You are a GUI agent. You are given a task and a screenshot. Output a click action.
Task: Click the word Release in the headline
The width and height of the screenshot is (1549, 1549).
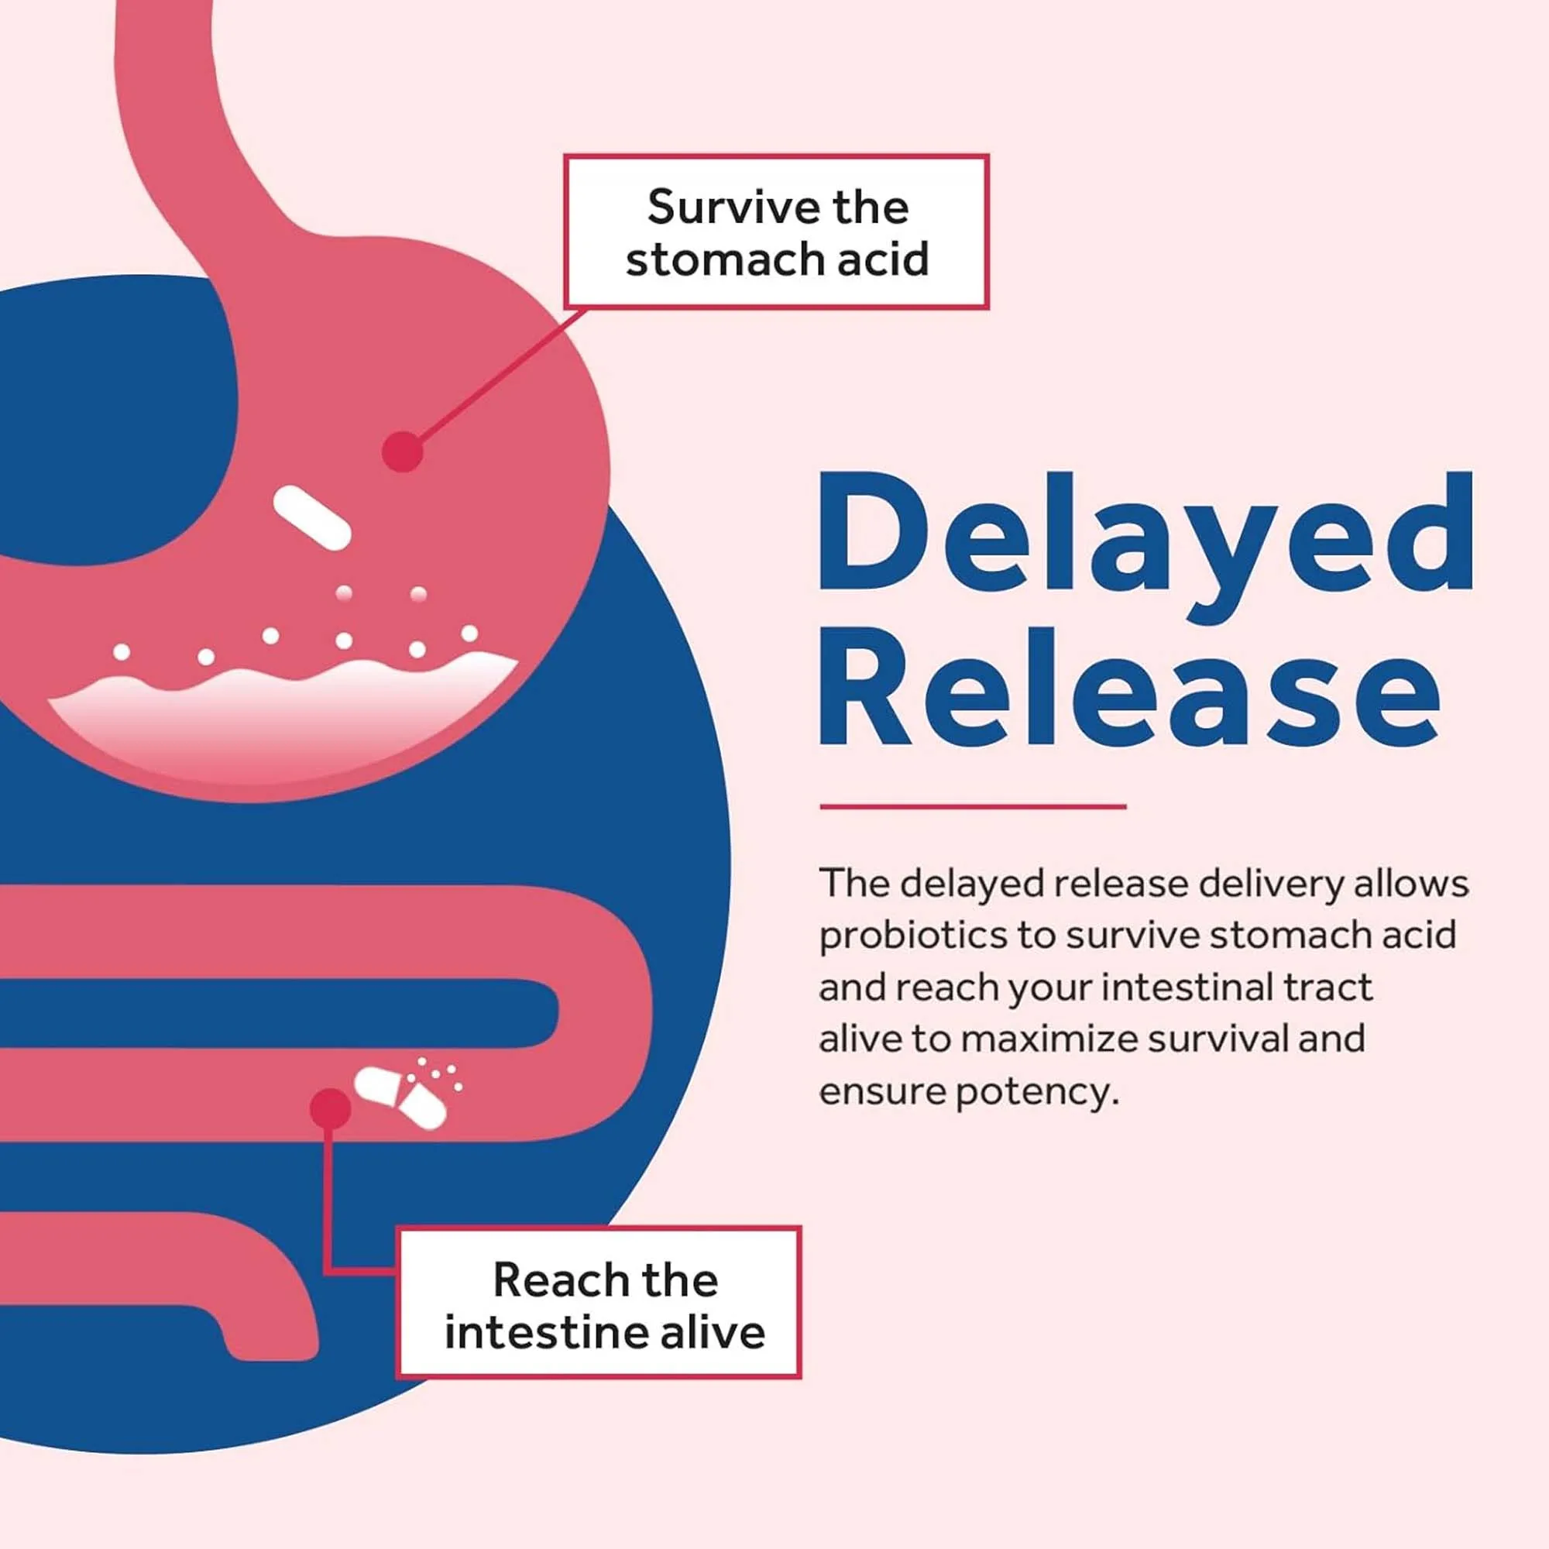(x=1130, y=688)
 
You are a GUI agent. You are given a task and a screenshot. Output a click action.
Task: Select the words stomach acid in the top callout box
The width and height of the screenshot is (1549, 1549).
(x=777, y=259)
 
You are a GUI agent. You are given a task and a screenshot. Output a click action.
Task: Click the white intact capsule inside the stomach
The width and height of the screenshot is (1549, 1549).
(x=312, y=517)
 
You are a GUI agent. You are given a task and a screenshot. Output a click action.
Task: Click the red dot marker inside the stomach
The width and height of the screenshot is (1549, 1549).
(x=402, y=452)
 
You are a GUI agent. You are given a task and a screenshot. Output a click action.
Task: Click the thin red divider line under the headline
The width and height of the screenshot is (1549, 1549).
(x=973, y=806)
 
